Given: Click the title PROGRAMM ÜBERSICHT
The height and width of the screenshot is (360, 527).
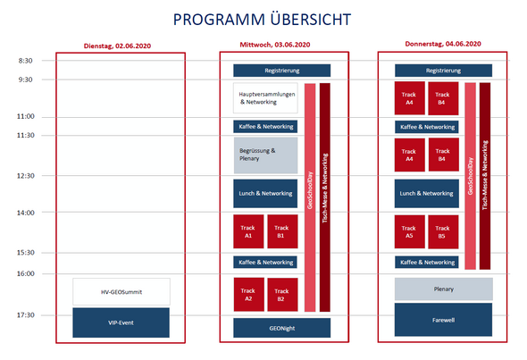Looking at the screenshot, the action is (262, 19).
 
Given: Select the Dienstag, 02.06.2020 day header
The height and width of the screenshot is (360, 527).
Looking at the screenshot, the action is (117, 46).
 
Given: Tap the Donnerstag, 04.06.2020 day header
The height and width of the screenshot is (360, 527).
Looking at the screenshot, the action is (443, 44).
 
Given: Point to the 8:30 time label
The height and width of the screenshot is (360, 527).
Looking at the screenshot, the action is (26, 61).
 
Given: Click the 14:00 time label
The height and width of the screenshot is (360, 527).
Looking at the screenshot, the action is (26, 213).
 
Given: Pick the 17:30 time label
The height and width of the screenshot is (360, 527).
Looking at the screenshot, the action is (26, 315).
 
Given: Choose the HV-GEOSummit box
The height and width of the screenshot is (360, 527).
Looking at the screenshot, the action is (121, 292).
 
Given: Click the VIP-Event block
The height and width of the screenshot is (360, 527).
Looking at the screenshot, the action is (121, 322).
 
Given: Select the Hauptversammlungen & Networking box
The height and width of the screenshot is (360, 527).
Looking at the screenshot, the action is (265, 98).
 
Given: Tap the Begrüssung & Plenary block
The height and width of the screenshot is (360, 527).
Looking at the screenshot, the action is (265, 155).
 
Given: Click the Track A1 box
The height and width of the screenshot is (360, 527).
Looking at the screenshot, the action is (248, 231).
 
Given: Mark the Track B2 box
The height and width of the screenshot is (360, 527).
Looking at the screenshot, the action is (282, 295).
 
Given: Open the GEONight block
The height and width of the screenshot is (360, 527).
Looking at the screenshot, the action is (282, 328).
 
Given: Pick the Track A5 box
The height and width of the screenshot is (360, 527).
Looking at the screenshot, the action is (409, 232).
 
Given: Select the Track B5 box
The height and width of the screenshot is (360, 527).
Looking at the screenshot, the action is (443, 232).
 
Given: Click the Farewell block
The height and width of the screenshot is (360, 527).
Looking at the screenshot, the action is (443, 320).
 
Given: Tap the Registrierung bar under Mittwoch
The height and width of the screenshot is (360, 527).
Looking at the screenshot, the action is (282, 71).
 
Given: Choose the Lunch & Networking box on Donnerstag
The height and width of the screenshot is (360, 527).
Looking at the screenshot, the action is (426, 194).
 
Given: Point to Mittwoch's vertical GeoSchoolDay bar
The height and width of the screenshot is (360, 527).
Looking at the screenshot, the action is (310, 197).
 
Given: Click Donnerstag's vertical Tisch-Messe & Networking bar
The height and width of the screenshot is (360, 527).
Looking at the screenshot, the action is (485, 176).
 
